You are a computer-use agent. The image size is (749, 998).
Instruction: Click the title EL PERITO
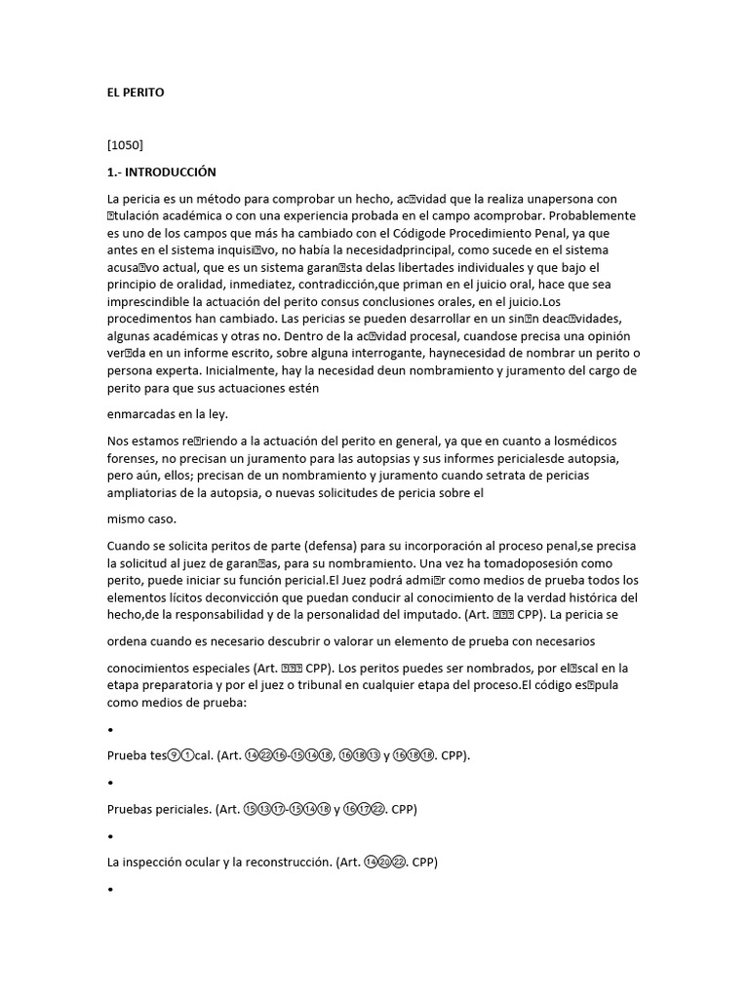click(136, 93)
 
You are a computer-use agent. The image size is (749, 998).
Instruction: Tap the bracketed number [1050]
click(125, 145)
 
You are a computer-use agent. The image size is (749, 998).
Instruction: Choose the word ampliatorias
click(144, 475)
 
